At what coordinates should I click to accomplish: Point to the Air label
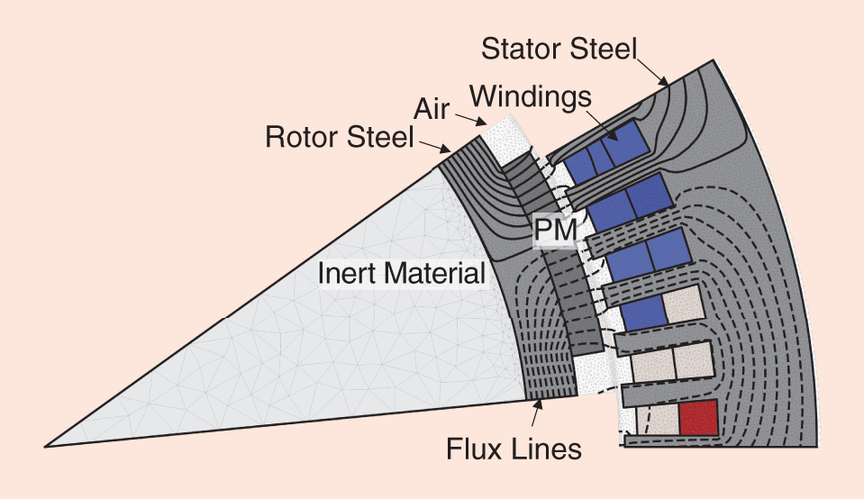pos(438,109)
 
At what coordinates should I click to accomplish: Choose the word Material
pos(437,272)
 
